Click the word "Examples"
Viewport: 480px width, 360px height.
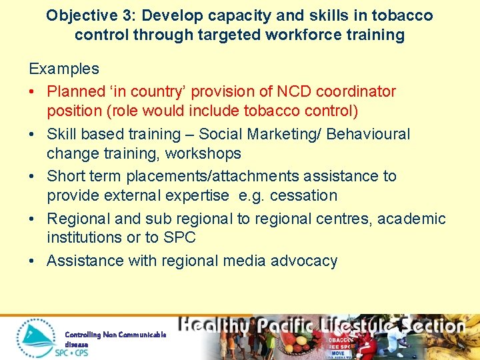tap(64, 69)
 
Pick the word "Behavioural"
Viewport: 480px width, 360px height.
tap(363, 134)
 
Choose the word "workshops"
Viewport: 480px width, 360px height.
tap(206, 153)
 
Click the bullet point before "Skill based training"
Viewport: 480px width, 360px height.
tap(33, 135)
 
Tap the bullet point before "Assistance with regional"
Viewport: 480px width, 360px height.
tap(33, 261)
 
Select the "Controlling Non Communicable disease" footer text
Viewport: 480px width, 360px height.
tap(115, 338)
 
